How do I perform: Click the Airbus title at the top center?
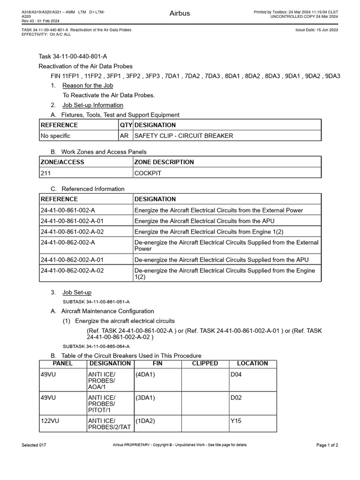pos(180,13)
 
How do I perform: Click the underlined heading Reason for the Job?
pos(88,85)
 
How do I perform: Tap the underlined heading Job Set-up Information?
pos(93,105)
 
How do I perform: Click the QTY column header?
pos(126,125)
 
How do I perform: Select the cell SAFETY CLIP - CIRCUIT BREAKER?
pos(184,136)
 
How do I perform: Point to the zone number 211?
pos(45,173)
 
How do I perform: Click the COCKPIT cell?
pos(148,173)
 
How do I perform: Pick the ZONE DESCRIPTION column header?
pos(164,162)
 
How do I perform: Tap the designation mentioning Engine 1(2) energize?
pos(209,232)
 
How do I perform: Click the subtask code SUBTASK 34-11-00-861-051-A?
pos(96,301)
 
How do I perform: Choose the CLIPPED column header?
pos(205,363)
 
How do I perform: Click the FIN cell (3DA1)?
pos(145,398)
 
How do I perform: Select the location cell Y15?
pos(235,421)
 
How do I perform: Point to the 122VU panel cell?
pos(49,421)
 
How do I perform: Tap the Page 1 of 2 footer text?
pos(327,445)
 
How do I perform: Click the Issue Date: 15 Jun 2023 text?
pos(317,30)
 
